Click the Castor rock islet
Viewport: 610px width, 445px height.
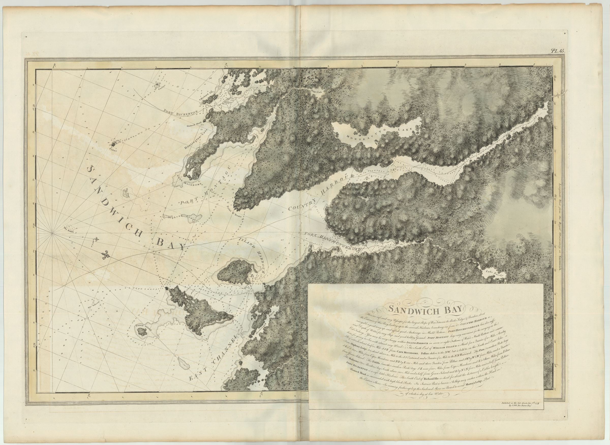157,86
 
